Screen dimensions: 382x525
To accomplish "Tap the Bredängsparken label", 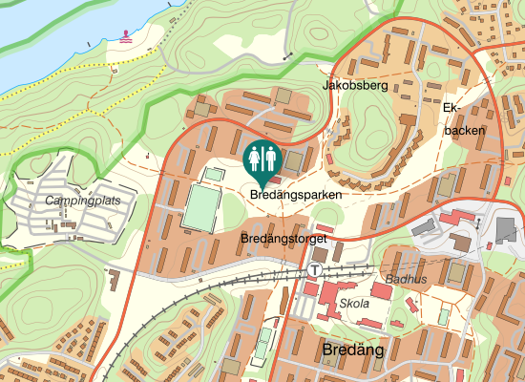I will click(x=296, y=194).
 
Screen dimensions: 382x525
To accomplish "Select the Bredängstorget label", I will click(x=284, y=237).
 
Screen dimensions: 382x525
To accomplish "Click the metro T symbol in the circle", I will click(x=314, y=270).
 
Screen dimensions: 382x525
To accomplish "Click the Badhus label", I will click(x=406, y=280).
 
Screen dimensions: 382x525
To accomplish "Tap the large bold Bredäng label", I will click(x=353, y=350).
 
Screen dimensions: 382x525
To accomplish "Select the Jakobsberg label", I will click(x=355, y=85).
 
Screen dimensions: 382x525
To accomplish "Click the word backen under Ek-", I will click(x=464, y=130).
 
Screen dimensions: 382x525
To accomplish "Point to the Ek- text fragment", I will click(x=452, y=107).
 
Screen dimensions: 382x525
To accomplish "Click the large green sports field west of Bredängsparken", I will click(x=201, y=208).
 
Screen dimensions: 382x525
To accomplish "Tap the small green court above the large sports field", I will click(x=215, y=175).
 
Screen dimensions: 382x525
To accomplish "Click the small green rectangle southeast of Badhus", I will click(x=443, y=315).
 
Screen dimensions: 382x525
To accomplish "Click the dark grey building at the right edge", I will click(x=506, y=229).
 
